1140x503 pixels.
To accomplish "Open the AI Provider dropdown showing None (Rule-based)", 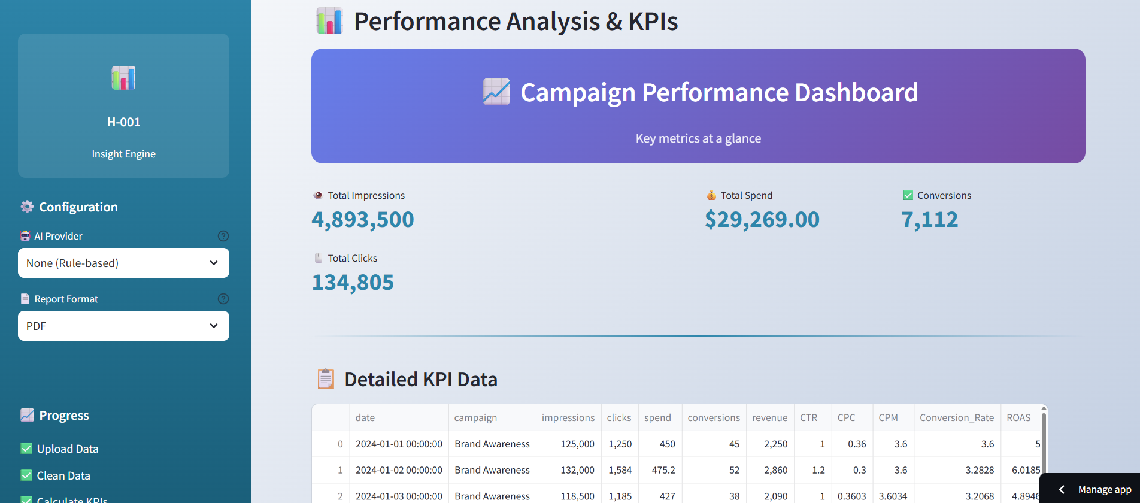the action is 123,263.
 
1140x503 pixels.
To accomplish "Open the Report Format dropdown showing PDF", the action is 123,326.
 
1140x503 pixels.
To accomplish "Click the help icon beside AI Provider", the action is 223,236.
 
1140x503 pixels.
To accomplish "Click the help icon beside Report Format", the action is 223,299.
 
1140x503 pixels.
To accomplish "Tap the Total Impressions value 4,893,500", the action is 363,220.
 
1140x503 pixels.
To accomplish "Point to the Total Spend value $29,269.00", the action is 762,220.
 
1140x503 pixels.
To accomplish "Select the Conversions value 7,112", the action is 930,220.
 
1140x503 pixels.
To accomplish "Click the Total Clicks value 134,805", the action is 353,283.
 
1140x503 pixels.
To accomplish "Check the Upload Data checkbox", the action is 26,449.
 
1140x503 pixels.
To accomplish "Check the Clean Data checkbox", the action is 26,475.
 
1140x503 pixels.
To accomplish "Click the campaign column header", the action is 475,418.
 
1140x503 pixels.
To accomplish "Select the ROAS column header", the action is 1018,418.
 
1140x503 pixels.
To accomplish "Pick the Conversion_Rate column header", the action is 957,418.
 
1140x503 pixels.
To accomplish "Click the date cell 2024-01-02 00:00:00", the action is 399,470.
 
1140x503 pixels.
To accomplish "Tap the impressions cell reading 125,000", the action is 577,444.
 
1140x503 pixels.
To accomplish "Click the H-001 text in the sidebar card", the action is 124,122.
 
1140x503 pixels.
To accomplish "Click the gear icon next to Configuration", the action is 27,207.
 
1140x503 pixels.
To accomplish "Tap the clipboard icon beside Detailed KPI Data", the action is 326,379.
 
